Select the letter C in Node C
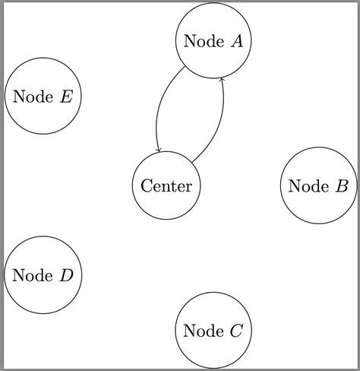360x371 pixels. [x=235, y=331]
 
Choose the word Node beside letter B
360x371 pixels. [x=308, y=185]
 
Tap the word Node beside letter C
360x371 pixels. [x=203, y=331]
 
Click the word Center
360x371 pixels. [x=166, y=185]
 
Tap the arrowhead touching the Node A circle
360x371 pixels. [x=222, y=79]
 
